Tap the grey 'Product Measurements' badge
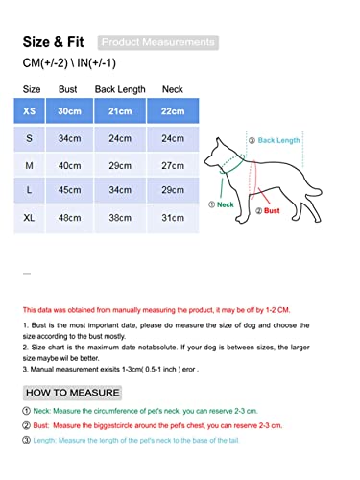[x=158, y=42]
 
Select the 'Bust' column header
[x=68, y=89]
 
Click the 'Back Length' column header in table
[x=120, y=89]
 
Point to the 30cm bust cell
[x=68, y=111]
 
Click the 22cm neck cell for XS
[x=173, y=111]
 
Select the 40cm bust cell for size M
[x=68, y=165]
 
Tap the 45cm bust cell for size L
[x=68, y=192]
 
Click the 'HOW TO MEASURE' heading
[x=73, y=393]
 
